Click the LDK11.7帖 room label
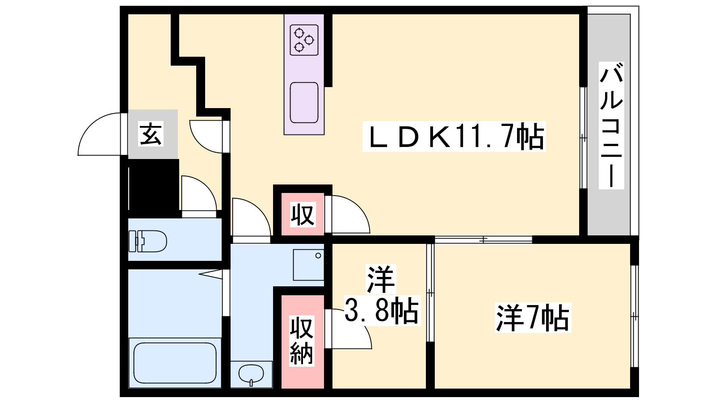coord(454,137)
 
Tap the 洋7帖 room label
coord(533,318)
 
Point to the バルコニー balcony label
coord(611,126)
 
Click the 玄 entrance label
coord(151,134)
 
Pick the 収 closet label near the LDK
coord(303,214)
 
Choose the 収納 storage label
coord(302,340)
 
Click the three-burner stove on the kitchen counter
coord(304,40)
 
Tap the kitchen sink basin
coord(304,102)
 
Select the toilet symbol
coord(147,241)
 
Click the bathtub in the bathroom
coord(175,363)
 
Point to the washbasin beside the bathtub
coord(251,374)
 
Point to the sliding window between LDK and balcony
coord(584,138)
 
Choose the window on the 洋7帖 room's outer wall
coord(635,316)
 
